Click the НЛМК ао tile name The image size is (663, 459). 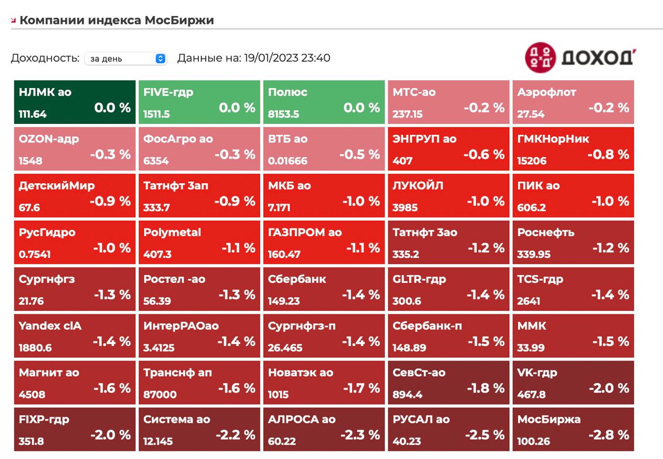pyautogui.click(x=45, y=92)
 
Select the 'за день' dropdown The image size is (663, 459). pyautogui.click(x=125, y=59)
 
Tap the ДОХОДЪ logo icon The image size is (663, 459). pyautogui.click(x=540, y=57)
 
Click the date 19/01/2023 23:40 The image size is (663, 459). pyautogui.click(x=286, y=58)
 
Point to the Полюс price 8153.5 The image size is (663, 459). pyautogui.click(x=283, y=114)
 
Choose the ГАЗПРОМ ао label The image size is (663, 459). pyautogui.click(x=305, y=233)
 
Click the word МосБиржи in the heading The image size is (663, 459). pyautogui.click(x=179, y=20)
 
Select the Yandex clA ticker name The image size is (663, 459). pyautogui.click(x=50, y=326)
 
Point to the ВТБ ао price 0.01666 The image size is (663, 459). pyautogui.click(x=287, y=161)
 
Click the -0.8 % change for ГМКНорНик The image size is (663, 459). pyautogui.click(x=608, y=154)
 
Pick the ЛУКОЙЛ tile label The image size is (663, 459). pyautogui.click(x=418, y=185)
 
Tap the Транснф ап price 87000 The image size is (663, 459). pyautogui.click(x=160, y=395)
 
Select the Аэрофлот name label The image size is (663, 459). pyautogui.click(x=546, y=92)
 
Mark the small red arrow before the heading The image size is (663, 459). pyautogui.click(x=13, y=21)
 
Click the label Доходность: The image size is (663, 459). pyautogui.click(x=45, y=58)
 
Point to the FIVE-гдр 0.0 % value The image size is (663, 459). pyautogui.click(x=237, y=108)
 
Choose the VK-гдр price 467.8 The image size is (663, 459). pyautogui.click(x=531, y=395)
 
